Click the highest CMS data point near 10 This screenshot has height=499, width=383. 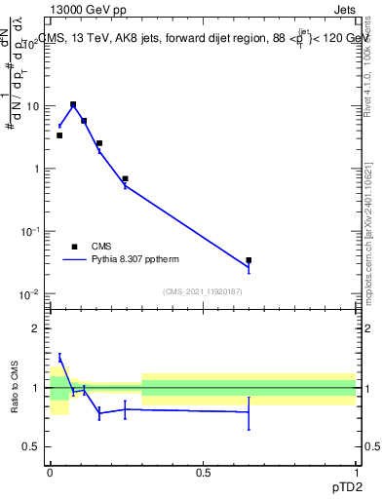click(x=73, y=104)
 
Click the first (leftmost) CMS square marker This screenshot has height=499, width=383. click(x=59, y=135)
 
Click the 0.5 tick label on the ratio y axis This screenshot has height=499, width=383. click(x=33, y=446)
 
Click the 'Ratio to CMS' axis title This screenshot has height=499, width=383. click(x=16, y=388)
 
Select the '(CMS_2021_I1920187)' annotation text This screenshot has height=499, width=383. click(x=202, y=291)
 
